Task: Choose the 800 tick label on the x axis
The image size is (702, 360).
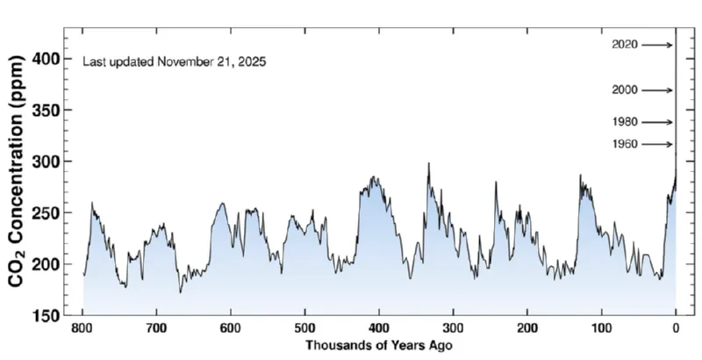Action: point(83,329)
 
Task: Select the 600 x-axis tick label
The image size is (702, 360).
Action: point(231,329)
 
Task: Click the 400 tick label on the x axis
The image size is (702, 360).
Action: point(379,329)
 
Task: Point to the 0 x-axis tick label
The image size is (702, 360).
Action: point(675,329)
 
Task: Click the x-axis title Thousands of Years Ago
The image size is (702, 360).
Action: point(379,346)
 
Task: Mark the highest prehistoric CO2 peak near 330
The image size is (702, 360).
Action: point(428,163)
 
